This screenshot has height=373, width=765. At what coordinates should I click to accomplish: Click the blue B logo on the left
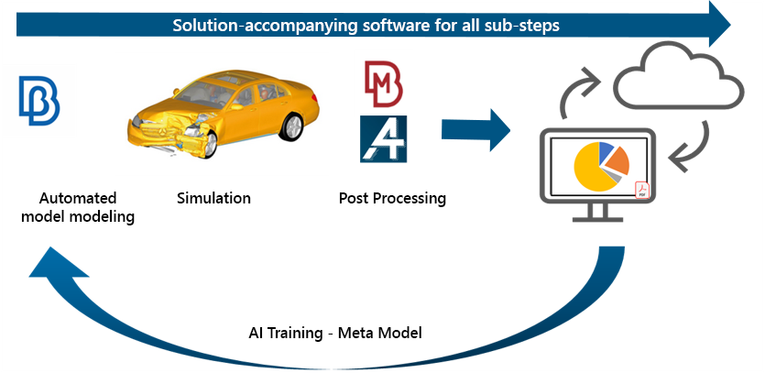tap(39, 101)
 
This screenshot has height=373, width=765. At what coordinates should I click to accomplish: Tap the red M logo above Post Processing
tap(384, 84)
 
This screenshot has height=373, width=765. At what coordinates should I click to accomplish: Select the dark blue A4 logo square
tap(384, 139)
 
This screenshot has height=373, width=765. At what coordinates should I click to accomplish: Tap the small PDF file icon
tap(642, 190)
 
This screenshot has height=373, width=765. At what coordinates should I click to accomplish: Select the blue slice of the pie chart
tap(605, 152)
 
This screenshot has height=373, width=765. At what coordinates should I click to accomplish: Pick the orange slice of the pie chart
tap(617, 161)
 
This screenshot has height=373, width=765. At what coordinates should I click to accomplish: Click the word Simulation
tap(213, 198)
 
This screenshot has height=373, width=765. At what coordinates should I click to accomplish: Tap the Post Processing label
tap(392, 199)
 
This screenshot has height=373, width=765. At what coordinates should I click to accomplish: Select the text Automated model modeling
tap(78, 207)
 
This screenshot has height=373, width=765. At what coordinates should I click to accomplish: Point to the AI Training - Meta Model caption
tap(334, 333)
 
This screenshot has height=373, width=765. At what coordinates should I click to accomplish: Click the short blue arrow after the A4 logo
tap(475, 130)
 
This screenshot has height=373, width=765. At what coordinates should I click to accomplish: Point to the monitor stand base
tap(597, 219)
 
